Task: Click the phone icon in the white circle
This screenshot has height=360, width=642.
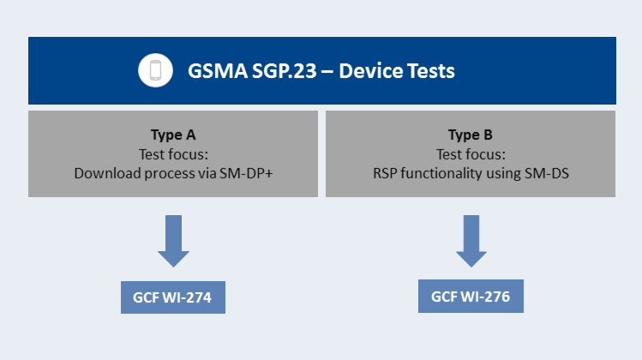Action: [x=156, y=70]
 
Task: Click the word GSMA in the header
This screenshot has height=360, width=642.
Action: [x=218, y=71]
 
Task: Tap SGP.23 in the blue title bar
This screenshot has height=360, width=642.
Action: [x=285, y=71]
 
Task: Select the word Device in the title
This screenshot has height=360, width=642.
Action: [x=367, y=71]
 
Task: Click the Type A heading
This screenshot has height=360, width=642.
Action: [x=173, y=135]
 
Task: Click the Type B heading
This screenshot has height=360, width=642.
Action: [x=471, y=135]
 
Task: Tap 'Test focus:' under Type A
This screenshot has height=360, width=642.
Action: [x=173, y=154]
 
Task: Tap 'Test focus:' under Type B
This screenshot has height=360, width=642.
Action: [x=471, y=154]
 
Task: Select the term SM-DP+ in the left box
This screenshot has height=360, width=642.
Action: [x=246, y=173]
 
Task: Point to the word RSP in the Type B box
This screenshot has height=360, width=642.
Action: [x=385, y=173]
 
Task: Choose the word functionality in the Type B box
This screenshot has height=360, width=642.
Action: [x=441, y=173]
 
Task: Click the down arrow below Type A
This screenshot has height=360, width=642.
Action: [x=174, y=241]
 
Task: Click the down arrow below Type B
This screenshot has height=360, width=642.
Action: [x=471, y=241]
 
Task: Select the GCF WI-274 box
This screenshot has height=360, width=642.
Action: [x=173, y=297]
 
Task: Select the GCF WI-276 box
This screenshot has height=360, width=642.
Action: [x=471, y=296]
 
